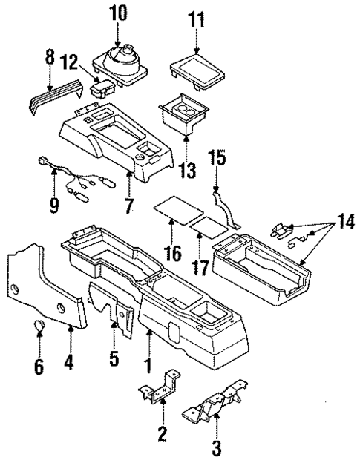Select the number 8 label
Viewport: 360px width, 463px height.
click(x=50, y=56)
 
